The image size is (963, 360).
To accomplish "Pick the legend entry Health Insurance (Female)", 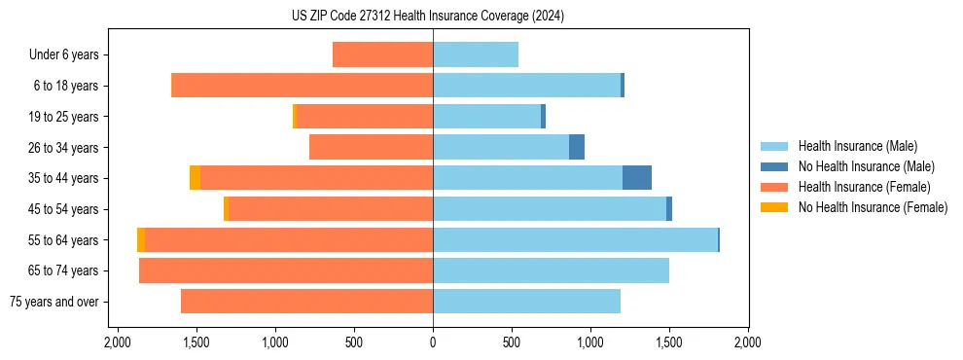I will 864,187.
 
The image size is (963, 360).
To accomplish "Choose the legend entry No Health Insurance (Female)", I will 873,207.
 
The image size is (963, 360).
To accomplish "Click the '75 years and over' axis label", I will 53,302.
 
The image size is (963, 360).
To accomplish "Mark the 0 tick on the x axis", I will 433,342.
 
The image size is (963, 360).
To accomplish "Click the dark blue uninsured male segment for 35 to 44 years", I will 637,178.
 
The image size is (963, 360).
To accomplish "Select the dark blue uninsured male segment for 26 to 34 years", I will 577,147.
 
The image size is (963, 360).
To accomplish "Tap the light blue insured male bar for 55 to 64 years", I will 575,239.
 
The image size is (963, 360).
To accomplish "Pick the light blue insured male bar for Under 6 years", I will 476,54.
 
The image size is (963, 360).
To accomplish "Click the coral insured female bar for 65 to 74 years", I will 286,270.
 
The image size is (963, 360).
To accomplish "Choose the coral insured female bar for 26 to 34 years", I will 371,147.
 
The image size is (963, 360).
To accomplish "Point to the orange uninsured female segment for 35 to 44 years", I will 195,178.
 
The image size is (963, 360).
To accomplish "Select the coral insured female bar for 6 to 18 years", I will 302,86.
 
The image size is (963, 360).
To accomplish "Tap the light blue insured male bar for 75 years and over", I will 526,302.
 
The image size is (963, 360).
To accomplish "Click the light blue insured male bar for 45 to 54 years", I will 550,209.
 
